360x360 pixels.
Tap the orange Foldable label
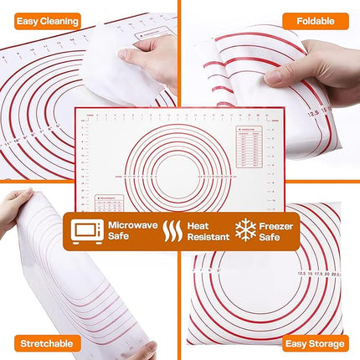click(315, 20)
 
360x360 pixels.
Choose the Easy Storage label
click(314, 342)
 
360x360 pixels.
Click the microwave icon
click(88, 230)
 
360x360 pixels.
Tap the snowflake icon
click(245, 230)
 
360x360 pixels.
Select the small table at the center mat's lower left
click(110, 201)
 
